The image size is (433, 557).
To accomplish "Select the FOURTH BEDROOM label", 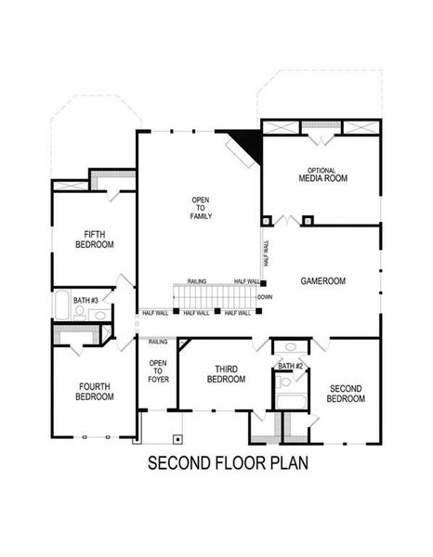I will coord(96,391).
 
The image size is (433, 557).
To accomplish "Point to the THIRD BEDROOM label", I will coord(226,374).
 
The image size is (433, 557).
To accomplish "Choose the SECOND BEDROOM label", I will coord(346,393).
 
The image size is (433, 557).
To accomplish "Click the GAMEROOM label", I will coord(322,280).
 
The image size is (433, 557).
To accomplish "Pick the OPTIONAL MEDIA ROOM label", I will coord(322,175).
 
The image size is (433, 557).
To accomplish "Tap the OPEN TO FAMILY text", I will coord(202,208).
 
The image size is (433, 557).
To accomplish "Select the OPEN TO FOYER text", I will coord(158,372).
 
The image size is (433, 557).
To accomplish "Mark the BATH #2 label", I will coord(291,367).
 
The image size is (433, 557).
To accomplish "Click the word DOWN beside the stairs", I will coord(265,297).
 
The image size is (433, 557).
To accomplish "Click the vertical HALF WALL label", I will coord(267,254).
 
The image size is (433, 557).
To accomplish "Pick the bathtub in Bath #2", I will coord(292,403).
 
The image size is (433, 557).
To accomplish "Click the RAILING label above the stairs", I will coord(196,281).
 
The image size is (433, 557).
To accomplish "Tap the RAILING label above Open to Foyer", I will coord(158,342).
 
